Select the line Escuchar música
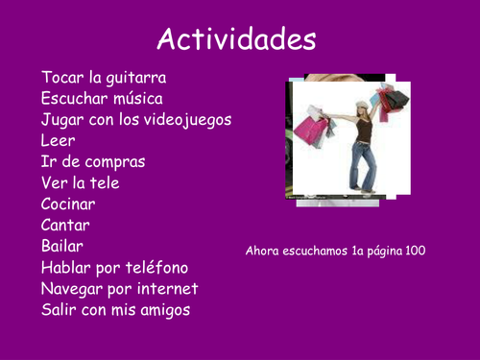click(x=102, y=98)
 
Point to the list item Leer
click(x=58, y=140)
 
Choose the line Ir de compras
click(x=94, y=161)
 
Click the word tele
click(x=105, y=182)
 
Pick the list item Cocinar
click(x=68, y=204)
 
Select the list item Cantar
click(x=65, y=225)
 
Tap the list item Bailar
click(x=62, y=246)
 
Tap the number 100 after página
click(x=415, y=251)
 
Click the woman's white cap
click(x=361, y=104)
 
